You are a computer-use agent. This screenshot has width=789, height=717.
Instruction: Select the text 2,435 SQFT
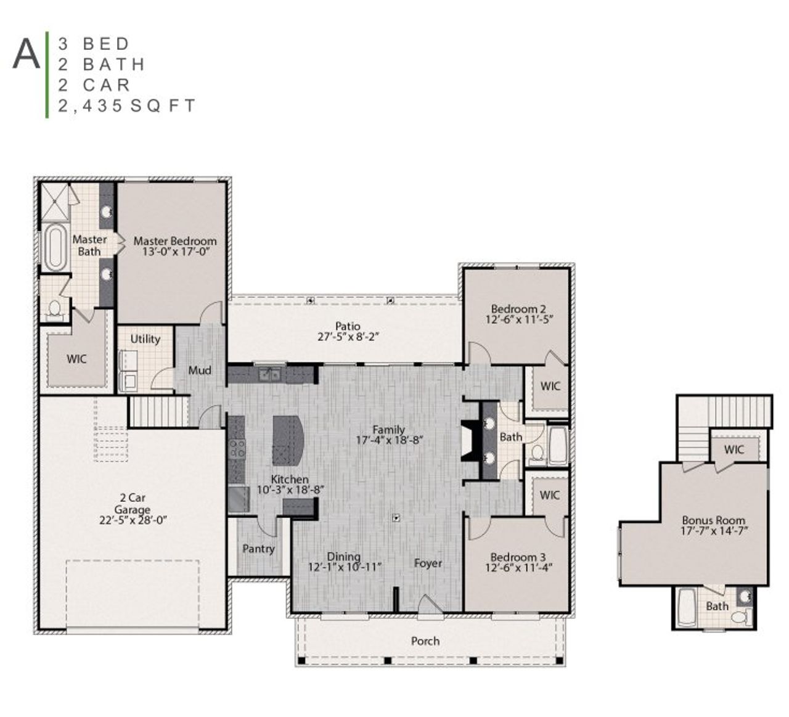tap(126, 106)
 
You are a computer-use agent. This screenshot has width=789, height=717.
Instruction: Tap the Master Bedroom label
tap(175, 241)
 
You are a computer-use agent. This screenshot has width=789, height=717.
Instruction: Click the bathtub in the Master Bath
tap(55, 247)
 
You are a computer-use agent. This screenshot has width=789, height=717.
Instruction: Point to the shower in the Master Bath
tap(55, 202)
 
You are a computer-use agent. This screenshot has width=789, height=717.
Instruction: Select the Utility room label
tap(145, 339)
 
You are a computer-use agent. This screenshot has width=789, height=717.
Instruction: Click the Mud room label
tap(200, 370)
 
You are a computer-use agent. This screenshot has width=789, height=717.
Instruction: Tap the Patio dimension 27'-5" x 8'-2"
tap(347, 337)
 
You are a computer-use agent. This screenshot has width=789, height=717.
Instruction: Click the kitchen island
tap(287, 440)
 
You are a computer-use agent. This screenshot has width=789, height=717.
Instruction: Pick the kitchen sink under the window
tap(269, 374)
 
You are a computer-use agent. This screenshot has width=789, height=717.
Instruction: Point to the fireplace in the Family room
tap(469, 440)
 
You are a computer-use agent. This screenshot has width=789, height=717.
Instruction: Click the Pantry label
tap(258, 548)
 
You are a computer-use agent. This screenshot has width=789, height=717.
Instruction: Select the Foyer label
tap(428, 563)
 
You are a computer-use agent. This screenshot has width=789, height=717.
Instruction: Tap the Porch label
tap(425, 641)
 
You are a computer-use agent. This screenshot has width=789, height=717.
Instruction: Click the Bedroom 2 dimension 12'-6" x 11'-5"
tap(518, 319)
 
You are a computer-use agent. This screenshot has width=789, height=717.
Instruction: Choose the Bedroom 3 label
tap(518, 557)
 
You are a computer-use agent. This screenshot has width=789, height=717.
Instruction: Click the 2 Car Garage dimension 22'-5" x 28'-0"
tap(133, 520)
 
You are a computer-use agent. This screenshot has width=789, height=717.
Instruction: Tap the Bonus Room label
tap(713, 520)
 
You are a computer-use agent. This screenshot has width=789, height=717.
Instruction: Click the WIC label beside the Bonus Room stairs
tap(734, 449)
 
